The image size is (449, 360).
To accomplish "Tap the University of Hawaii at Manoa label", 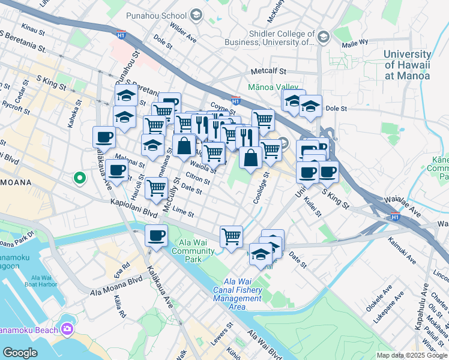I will click(407, 65).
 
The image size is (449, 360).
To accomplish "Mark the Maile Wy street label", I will click(354, 43).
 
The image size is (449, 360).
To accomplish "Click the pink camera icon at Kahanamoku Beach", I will click(67, 329).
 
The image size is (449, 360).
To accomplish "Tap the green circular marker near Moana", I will click(79, 178).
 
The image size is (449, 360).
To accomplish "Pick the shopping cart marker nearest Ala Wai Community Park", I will click(231, 236).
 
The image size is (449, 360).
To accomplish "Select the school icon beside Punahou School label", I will click(196, 14).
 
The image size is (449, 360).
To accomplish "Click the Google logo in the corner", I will click(20, 353).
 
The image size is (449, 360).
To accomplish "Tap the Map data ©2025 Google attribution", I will click(412, 355).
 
